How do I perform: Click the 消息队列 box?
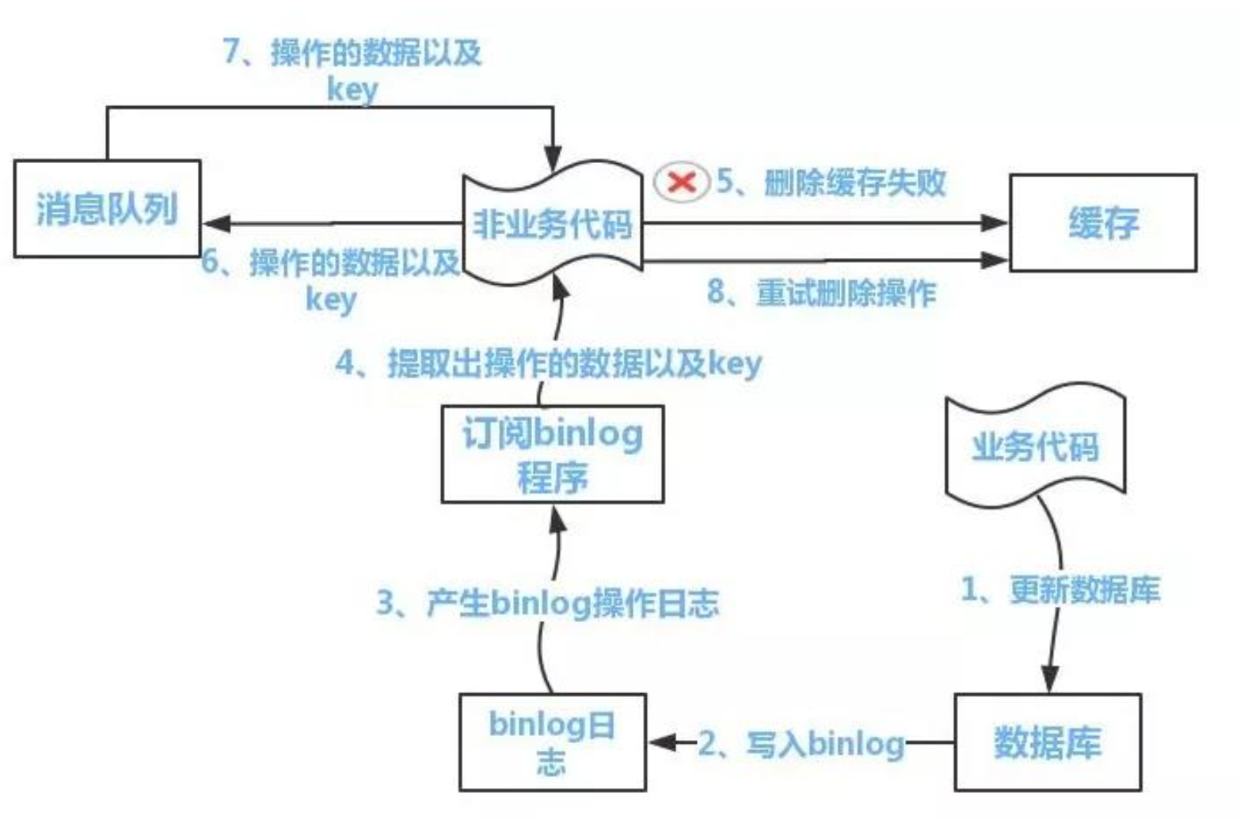107,209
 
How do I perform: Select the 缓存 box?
1102,223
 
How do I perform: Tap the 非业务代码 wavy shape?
552,223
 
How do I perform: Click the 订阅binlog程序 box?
552,454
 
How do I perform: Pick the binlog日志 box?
552,742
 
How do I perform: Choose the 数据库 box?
1047,742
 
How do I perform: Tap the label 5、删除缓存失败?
831,183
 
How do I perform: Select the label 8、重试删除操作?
822,293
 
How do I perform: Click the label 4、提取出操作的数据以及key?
548,363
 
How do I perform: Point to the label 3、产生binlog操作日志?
548,604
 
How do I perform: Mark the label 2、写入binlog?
801,744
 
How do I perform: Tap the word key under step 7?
352,89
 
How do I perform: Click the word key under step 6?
331,300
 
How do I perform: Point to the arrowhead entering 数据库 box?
1050,681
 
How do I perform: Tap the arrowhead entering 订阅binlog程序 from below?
558,518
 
